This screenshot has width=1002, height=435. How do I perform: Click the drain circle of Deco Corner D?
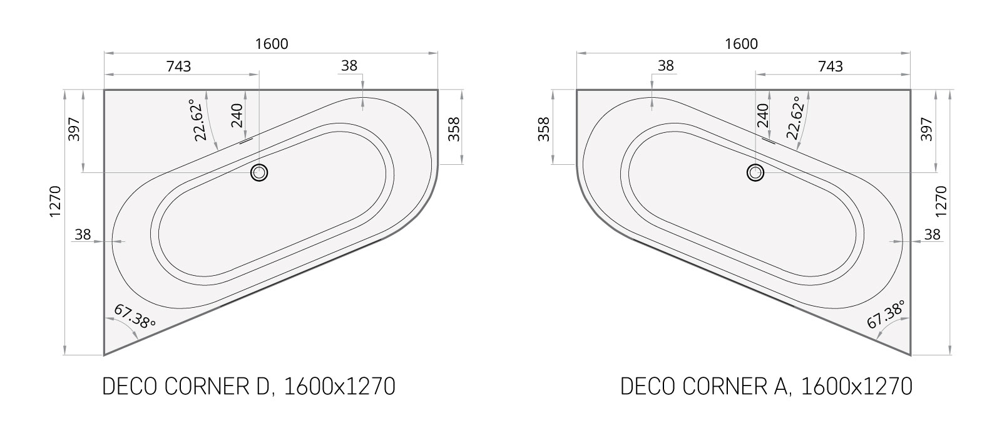tap(259, 172)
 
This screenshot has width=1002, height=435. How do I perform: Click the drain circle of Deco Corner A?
tap(755, 172)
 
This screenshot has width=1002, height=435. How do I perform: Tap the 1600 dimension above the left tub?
tap(272, 44)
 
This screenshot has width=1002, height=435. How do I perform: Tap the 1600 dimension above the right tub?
tap(741, 44)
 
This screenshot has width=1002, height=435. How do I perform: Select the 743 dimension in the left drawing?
tap(178, 66)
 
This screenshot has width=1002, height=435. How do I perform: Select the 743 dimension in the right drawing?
tap(831, 66)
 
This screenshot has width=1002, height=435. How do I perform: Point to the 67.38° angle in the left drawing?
tap(135, 317)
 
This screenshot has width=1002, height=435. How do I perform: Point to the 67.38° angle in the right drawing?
tap(886, 315)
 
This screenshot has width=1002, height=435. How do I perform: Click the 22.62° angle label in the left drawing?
tap(199, 120)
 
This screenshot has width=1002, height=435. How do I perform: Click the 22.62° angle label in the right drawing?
tap(795, 118)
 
